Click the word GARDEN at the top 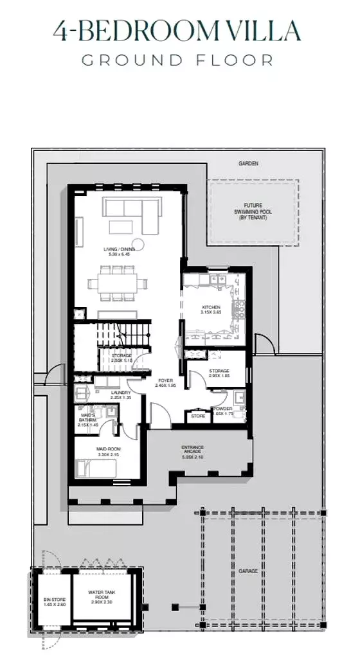click(248, 164)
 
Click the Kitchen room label click(212, 310)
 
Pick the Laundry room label click(121, 395)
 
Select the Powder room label click(224, 411)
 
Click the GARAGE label click(248, 571)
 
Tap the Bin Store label click(47, 601)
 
